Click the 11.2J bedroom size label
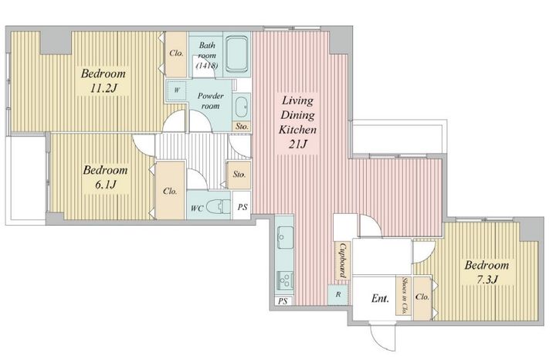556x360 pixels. (x=103, y=88)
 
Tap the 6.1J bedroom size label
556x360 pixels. (x=105, y=185)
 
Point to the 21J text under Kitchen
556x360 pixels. (x=297, y=144)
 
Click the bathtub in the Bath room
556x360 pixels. (x=237, y=54)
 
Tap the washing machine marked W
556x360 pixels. (x=177, y=90)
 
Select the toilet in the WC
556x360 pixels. (x=218, y=206)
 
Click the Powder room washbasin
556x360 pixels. (x=243, y=106)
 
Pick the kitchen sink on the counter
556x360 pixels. (x=285, y=237)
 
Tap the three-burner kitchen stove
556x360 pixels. (x=285, y=280)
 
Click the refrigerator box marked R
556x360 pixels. (x=338, y=294)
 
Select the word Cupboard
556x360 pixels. (x=343, y=260)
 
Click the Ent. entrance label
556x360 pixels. (x=380, y=299)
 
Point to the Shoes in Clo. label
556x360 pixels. (x=404, y=295)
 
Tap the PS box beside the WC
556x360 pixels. (x=242, y=206)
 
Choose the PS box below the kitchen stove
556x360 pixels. (x=283, y=301)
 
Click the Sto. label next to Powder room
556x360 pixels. (x=242, y=126)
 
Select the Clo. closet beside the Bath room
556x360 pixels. (x=176, y=54)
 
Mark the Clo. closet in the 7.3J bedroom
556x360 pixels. (x=422, y=298)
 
